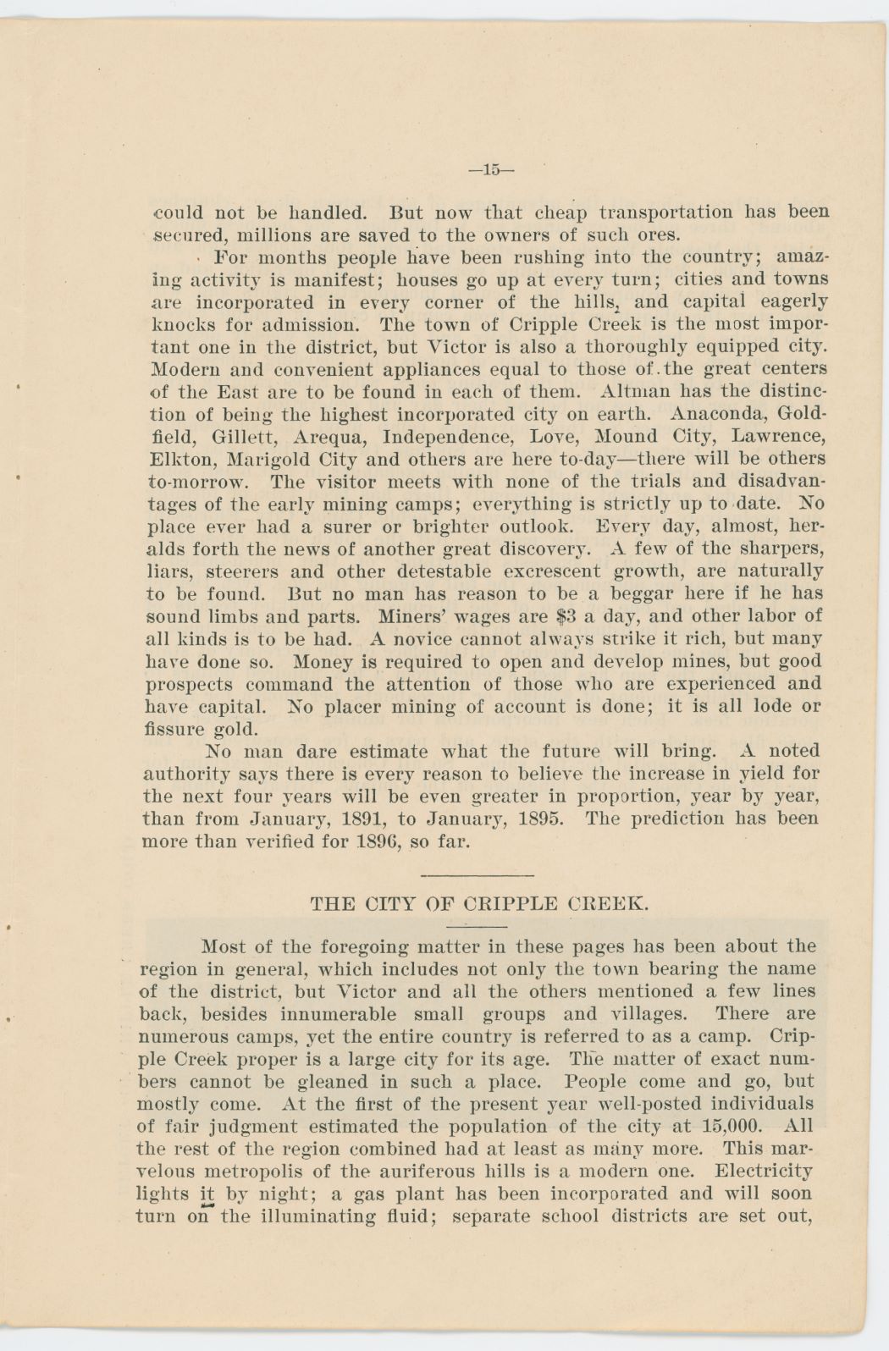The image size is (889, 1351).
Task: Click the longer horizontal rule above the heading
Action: pos(476,874)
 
